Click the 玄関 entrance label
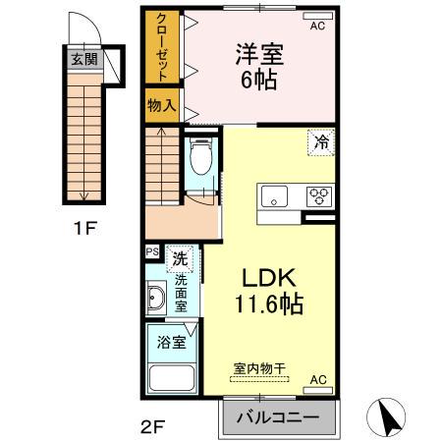pyautogui.click(x=83, y=58)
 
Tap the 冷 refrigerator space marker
pyautogui.click(x=321, y=141)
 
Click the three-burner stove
pyautogui.click(x=319, y=194)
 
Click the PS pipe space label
pyautogui.click(x=152, y=252)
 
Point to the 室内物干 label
pyautogui.click(x=259, y=369)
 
